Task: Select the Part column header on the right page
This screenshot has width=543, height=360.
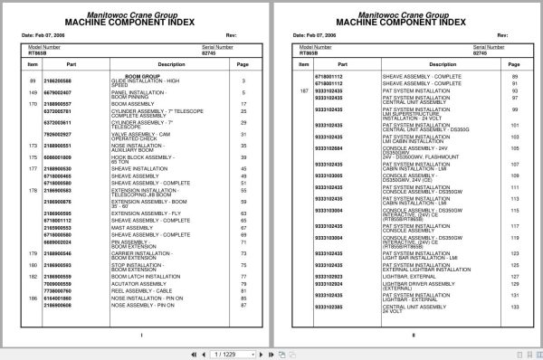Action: click(344, 65)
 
